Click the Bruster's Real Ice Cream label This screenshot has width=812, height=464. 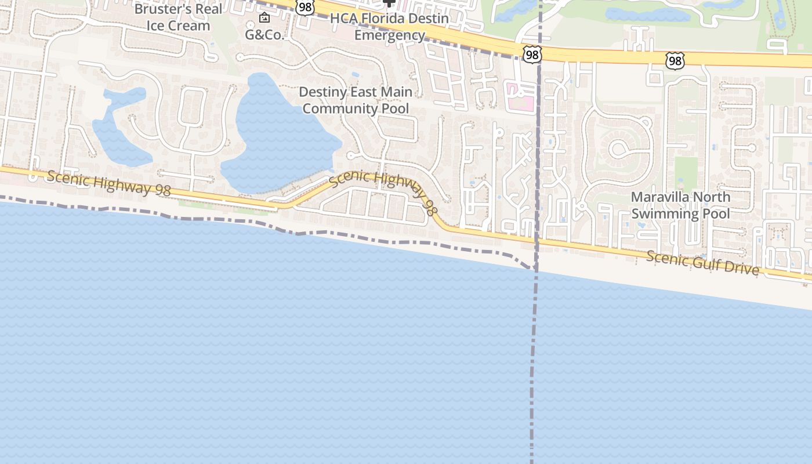178,17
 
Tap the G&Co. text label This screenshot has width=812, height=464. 264,35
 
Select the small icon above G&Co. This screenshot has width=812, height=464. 264,17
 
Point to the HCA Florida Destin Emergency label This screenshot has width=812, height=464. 389,27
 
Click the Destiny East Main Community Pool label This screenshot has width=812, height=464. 356,100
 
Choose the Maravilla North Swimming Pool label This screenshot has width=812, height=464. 680,205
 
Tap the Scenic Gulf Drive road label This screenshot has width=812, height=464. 702,263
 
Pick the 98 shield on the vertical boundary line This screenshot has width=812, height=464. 531,55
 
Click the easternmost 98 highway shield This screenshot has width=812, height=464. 675,60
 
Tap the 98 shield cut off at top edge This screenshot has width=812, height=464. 304,7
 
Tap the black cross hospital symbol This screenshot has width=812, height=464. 389,3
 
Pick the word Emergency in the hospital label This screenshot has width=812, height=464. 389,35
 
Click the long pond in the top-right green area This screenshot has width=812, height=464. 647,14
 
